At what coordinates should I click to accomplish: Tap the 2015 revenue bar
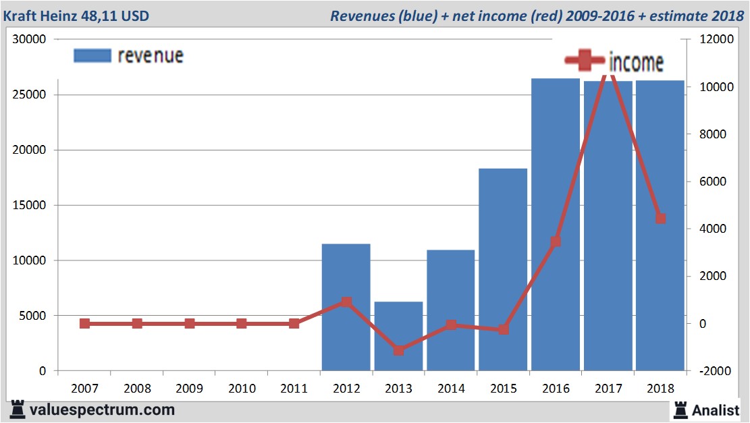coord(502,269)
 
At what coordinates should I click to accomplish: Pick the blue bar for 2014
coord(450,310)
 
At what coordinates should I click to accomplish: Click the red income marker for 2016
coord(556,242)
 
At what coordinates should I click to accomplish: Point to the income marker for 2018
coord(660,219)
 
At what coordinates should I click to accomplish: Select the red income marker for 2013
coord(398,350)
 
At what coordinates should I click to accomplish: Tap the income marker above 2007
coord(84,324)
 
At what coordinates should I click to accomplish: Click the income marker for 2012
coord(346,302)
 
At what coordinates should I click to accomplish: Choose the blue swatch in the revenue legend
coord(92,56)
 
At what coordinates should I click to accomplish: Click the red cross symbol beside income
coord(585,60)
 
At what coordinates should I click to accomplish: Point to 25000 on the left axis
coord(30,95)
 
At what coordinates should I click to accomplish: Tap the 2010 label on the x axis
coord(242,389)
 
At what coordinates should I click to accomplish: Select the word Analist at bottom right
coord(716,410)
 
